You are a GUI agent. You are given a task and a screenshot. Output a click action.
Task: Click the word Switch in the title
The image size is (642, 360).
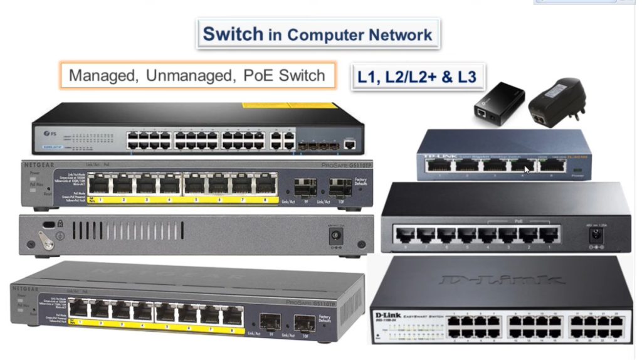click(x=233, y=33)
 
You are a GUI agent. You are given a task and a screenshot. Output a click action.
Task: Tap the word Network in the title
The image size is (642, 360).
click(x=399, y=34)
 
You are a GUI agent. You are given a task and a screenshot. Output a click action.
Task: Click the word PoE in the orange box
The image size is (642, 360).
click(x=257, y=76)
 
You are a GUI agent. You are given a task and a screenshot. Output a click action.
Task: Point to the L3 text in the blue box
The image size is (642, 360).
click(x=463, y=77)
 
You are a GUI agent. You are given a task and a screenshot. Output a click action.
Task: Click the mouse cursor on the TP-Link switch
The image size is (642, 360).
click(x=527, y=170)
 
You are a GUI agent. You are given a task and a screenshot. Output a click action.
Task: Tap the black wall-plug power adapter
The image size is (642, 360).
click(x=557, y=103)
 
